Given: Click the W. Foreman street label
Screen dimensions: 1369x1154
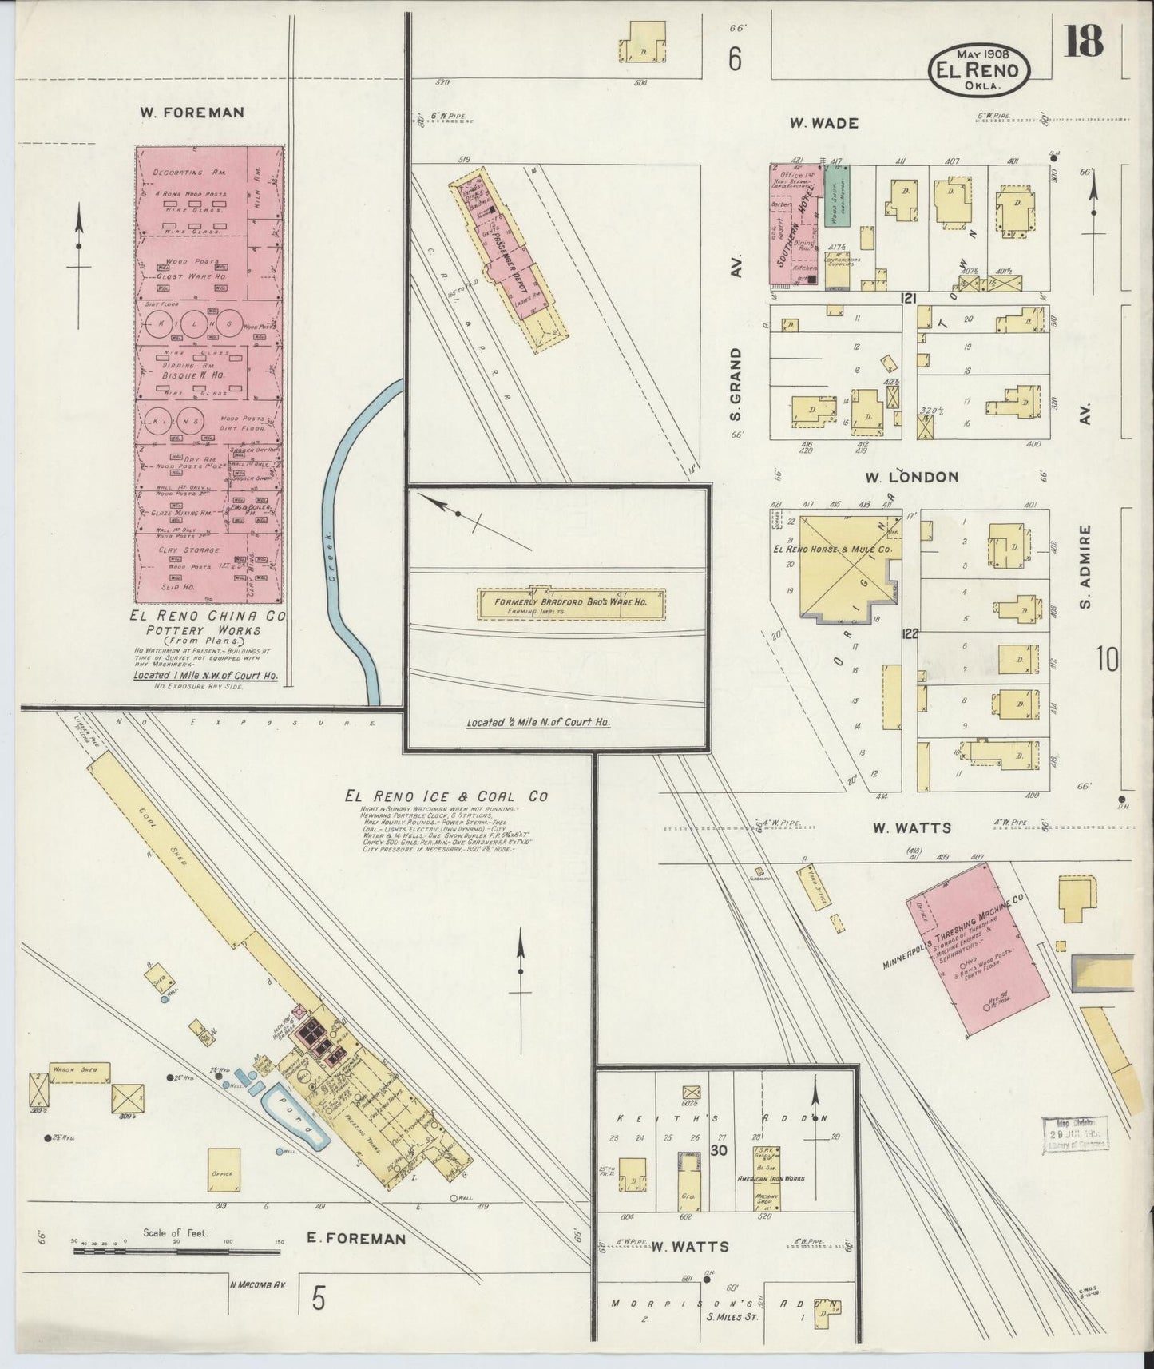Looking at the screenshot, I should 192,113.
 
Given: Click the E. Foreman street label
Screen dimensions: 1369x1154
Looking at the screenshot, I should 356,1261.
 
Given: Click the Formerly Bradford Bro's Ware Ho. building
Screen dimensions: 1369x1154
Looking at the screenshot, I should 572,603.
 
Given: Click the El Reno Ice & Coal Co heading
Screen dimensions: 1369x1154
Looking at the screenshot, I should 446,796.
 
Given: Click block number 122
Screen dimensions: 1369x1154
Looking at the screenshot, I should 909,635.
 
